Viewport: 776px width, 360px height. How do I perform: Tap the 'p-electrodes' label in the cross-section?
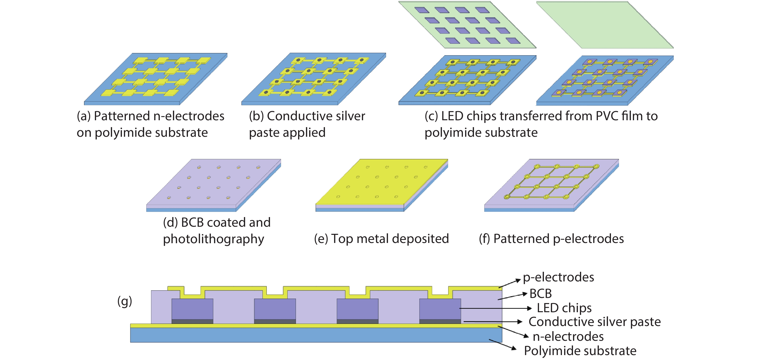pos(558,277)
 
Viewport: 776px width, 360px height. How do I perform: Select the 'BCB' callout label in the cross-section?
pos(540,293)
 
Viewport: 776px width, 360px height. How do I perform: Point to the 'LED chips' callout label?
pos(564,308)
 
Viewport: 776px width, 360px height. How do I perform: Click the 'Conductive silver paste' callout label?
pos(594,322)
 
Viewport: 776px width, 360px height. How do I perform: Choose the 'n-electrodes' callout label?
pos(568,336)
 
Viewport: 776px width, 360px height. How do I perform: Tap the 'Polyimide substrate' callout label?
pos(580,351)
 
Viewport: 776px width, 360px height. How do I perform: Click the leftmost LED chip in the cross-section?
pos(192,309)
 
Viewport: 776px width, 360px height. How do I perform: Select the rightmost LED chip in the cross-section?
pos(440,309)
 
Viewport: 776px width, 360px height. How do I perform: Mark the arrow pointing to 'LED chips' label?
pos(496,308)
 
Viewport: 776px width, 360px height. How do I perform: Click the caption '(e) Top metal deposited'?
pos(381,239)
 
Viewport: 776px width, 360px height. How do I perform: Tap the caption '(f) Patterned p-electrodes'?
pos(551,239)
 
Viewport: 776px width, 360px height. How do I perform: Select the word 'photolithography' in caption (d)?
pos(213,239)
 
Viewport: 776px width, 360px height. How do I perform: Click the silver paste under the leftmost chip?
pos(192,322)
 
